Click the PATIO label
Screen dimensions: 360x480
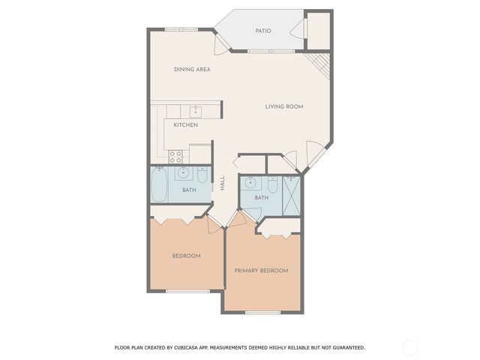pyautogui.click(x=262, y=31)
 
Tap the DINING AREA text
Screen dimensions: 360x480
pyautogui.click(x=192, y=69)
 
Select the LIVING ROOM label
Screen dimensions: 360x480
pyautogui.click(x=283, y=106)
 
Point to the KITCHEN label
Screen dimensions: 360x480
pyautogui.click(x=185, y=124)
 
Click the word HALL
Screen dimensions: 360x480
pyautogui.click(x=223, y=182)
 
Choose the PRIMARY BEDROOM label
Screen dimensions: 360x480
pyautogui.click(x=261, y=271)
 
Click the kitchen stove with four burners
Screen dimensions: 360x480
pyautogui.click(x=175, y=156)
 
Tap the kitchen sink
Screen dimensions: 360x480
pyautogui.click(x=195, y=111)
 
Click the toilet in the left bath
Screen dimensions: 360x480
pyautogui.click(x=202, y=176)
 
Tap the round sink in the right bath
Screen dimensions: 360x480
pyautogui.click(x=250, y=182)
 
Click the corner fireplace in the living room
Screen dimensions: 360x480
pyautogui.click(x=321, y=64)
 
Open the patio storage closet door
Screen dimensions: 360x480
pyautogui.click(x=305, y=28)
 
